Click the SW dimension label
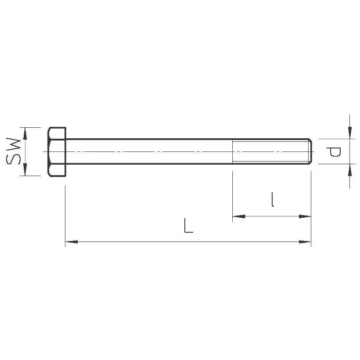[13, 151]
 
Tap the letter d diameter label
[333, 152]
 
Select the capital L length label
[188, 226]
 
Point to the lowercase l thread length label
[273, 200]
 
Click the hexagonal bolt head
[57, 152]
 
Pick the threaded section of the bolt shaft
[270, 151]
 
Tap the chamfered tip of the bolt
[310, 151]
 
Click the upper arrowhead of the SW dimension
[25, 133]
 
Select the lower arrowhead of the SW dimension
[25, 169]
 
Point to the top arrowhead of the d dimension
[349, 133]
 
